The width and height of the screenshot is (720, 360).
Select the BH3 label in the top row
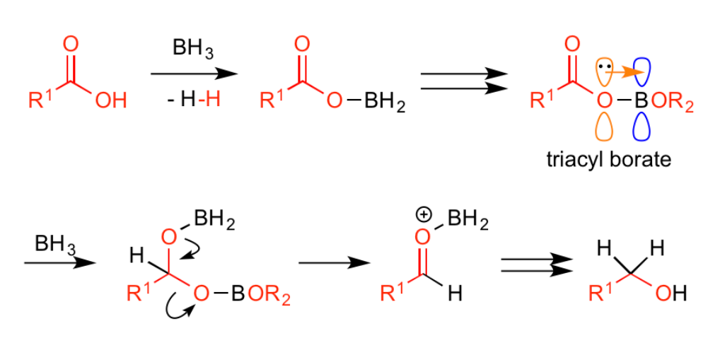pos(193,49)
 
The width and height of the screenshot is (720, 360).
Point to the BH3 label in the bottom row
pos(56,244)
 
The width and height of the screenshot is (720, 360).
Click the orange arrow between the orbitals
pos(624,71)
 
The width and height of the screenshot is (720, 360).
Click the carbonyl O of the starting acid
pos(71,45)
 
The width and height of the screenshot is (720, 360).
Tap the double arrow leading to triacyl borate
pos(464,81)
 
